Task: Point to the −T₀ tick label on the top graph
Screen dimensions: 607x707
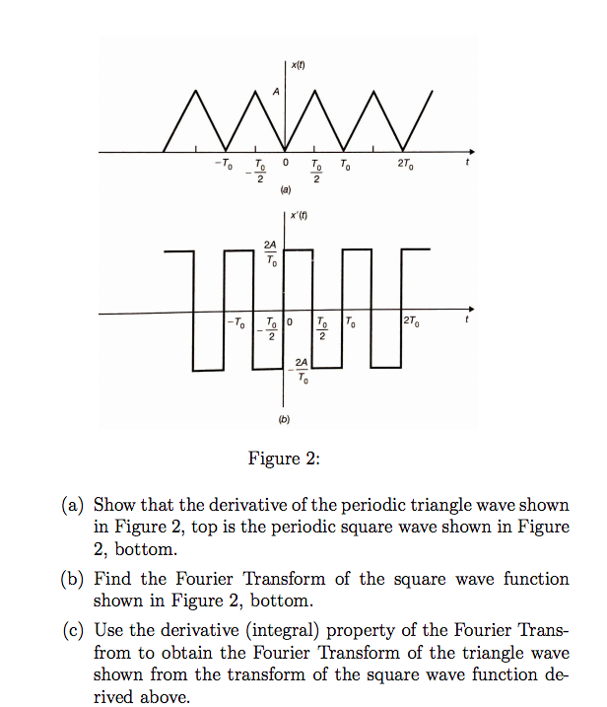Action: [x=224, y=164]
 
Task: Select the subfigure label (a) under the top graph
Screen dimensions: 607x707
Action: [x=286, y=188]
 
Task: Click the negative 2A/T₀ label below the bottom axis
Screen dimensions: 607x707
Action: [x=301, y=374]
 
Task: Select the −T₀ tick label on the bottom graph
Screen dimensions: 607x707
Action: [x=236, y=322]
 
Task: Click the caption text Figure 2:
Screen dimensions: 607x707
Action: [x=285, y=459]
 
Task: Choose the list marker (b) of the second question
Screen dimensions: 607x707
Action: [x=74, y=579]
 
